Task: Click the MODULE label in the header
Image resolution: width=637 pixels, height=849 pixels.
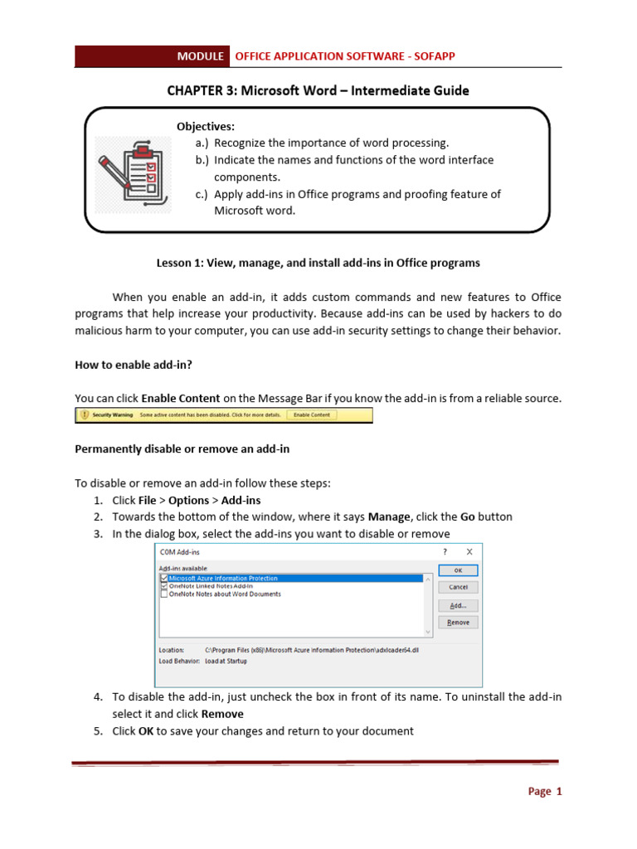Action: click(200, 56)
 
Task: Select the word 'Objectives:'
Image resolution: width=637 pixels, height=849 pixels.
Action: click(206, 126)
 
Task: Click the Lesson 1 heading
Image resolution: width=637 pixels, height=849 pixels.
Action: click(318, 263)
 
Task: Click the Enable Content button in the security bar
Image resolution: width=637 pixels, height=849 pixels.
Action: click(312, 415)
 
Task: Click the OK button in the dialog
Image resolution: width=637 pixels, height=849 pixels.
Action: click(458, 570)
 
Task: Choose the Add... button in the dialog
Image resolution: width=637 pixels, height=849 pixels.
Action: click(458, 605)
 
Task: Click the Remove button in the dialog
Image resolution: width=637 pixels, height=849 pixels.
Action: click(458, 622)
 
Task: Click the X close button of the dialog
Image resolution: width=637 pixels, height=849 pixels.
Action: click(469, 551)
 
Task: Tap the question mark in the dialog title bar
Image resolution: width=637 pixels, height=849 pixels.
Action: click(445, 551)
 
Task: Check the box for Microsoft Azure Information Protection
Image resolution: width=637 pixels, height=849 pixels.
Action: click(164, 578)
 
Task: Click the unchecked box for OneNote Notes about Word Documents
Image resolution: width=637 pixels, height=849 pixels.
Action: click(164, 594)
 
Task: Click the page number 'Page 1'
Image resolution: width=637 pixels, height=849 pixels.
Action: click(545, 792)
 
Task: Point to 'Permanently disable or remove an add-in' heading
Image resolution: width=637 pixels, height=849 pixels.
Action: click(182, 449)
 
